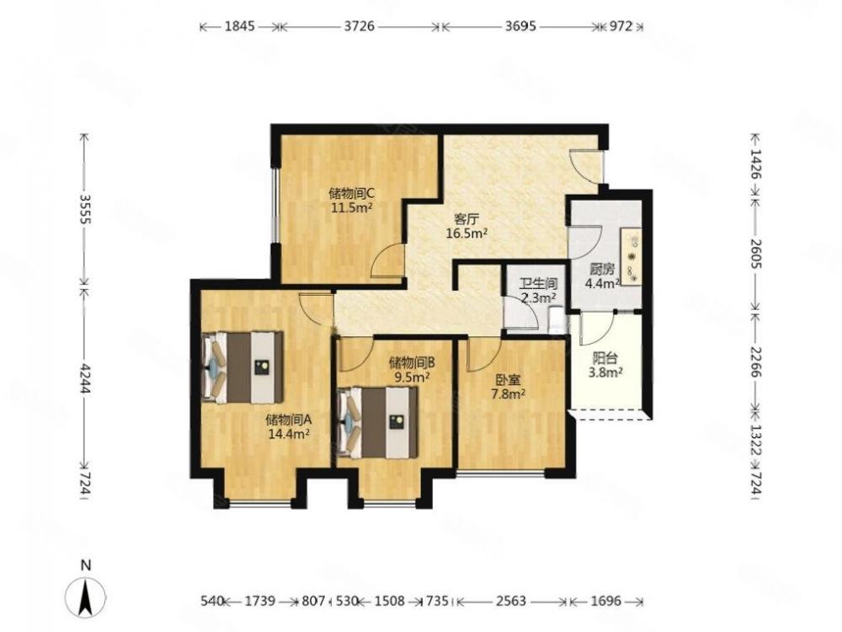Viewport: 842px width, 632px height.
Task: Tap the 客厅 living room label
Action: (466, 219)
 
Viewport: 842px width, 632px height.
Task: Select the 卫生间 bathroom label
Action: (538, 283)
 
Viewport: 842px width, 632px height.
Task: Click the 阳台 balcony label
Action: (605, 357)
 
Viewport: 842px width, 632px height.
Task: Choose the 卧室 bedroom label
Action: (508, 380)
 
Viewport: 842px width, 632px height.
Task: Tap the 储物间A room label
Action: (289, 419)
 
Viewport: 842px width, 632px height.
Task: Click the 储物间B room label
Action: (412, 362)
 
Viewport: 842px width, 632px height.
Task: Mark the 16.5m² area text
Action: (466, 233)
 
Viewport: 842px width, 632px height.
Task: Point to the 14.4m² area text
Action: (289, 433)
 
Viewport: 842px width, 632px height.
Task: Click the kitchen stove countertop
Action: (631, 256)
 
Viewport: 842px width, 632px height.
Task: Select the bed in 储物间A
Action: (242, 367)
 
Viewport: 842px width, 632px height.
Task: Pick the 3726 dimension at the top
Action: (359, 26)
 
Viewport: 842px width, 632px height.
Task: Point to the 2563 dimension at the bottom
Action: (510, 600)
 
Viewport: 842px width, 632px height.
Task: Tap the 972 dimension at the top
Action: (621, 26)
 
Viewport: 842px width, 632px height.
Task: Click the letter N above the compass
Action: (85, 565)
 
